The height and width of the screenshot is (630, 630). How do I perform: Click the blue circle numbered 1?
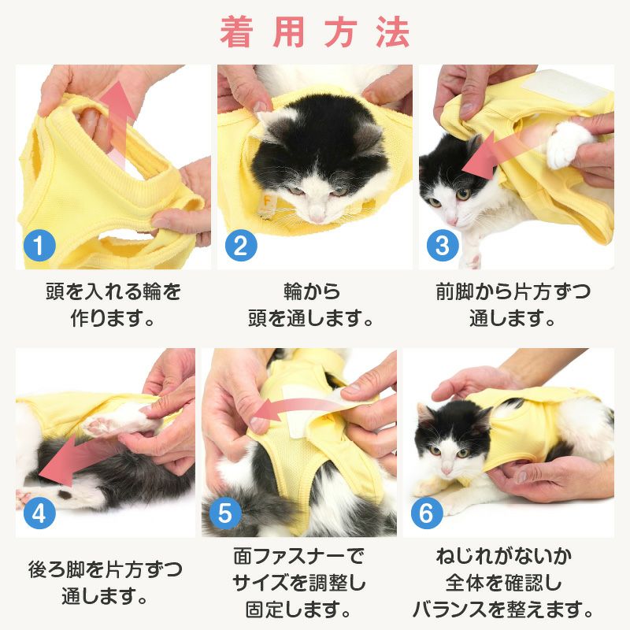point(39,245)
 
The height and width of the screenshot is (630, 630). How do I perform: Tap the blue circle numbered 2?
point(241,245)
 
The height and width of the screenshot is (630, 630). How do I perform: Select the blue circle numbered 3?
point(443,245)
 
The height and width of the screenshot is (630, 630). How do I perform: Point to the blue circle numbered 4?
point(39,513)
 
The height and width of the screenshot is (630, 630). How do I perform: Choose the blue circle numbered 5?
point(225,513)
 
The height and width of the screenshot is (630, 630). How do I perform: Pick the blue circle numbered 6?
point(427,513)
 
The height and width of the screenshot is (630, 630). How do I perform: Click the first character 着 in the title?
point(236,32)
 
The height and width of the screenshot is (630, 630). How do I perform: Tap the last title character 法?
point(393,32)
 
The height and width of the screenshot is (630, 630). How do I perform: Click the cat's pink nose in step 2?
point(317,217)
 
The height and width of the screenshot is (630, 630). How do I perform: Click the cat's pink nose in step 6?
point(446,470)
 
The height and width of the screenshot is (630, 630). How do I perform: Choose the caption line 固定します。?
point(298,610)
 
